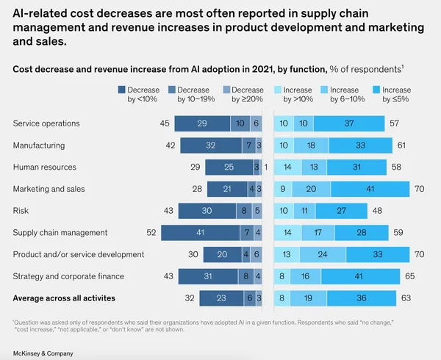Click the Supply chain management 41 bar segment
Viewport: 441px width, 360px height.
pyautogui.click(x=201, y=233)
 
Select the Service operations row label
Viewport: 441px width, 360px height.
pyautogui.click(x=46, y=123)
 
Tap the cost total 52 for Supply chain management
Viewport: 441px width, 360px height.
pyautogui.click(x=151, y=233)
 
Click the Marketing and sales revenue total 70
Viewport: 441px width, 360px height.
pyautogui.click(x=420, y=189)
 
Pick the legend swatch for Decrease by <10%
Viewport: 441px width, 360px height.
pyautogui.click(x=121, y=90)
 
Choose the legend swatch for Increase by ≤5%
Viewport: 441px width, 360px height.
pyautogui.click(x=376, y=90)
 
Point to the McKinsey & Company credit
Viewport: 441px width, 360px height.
pyautogui.click(x=43, y=353)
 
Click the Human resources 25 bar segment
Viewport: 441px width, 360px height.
pyautogui.click(x=229, y=168)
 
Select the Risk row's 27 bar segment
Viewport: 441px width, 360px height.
pyautogui.click(x=342, y=211)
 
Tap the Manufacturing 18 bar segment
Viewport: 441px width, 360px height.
pyautogui.click(x=312, y=145)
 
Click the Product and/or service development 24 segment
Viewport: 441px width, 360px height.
pyautogui.click(x=323, y=254)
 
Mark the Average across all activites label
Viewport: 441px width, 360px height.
pyautogui.click(x=64, y=298)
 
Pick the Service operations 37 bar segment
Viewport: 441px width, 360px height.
pyautogui.click(x=349, y=123)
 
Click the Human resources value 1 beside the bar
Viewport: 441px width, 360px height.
pyautogui.click(x=266, y=168)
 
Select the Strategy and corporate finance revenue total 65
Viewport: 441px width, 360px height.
pyautogui.click(x=410, y=276)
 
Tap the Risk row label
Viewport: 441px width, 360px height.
pyautogui.click(x=21, y=211)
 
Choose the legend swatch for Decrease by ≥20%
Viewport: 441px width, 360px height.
pyautogui.click(x=226, y=90)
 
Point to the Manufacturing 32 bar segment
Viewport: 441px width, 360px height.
pyautogui.click(x=211, y=145)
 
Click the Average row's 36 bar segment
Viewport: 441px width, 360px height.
pyautogui.click(x=362, y=298)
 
